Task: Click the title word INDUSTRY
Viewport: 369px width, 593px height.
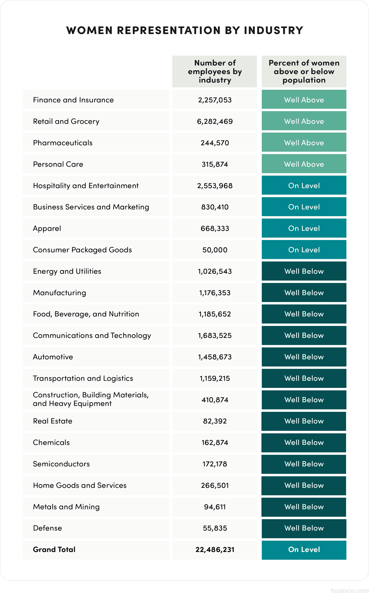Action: pos(273,30)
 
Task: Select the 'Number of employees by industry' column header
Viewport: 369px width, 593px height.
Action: pos(215,71)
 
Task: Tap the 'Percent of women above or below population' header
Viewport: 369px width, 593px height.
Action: pos(304,71)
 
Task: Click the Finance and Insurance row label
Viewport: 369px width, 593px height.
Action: pos(73,100)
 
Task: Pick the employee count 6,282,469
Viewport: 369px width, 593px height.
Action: pos(215,122)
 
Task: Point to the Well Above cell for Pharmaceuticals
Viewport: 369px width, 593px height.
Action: pos(304,143)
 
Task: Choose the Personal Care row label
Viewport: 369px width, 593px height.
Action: pos(58,164)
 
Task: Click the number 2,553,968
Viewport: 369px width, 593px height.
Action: pos(215,186)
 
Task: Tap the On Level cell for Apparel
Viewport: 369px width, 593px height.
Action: pos(304,228)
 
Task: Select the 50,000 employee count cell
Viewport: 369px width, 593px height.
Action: pos(215,250)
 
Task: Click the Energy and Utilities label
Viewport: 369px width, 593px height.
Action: pos(67,271)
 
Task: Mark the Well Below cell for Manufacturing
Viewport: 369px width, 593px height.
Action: pos(304,293)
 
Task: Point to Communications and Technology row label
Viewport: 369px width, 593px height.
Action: pos(92,336)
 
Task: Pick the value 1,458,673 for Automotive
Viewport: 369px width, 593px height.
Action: pos(215,357)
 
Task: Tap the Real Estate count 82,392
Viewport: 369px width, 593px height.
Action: pos(215,421)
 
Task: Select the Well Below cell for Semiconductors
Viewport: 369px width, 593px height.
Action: pos(304,464)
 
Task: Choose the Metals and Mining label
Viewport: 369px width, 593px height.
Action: pos(66,507)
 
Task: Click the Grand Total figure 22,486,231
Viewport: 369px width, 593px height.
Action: pos(215,550)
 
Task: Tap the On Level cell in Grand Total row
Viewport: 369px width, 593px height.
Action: pos(304,550)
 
